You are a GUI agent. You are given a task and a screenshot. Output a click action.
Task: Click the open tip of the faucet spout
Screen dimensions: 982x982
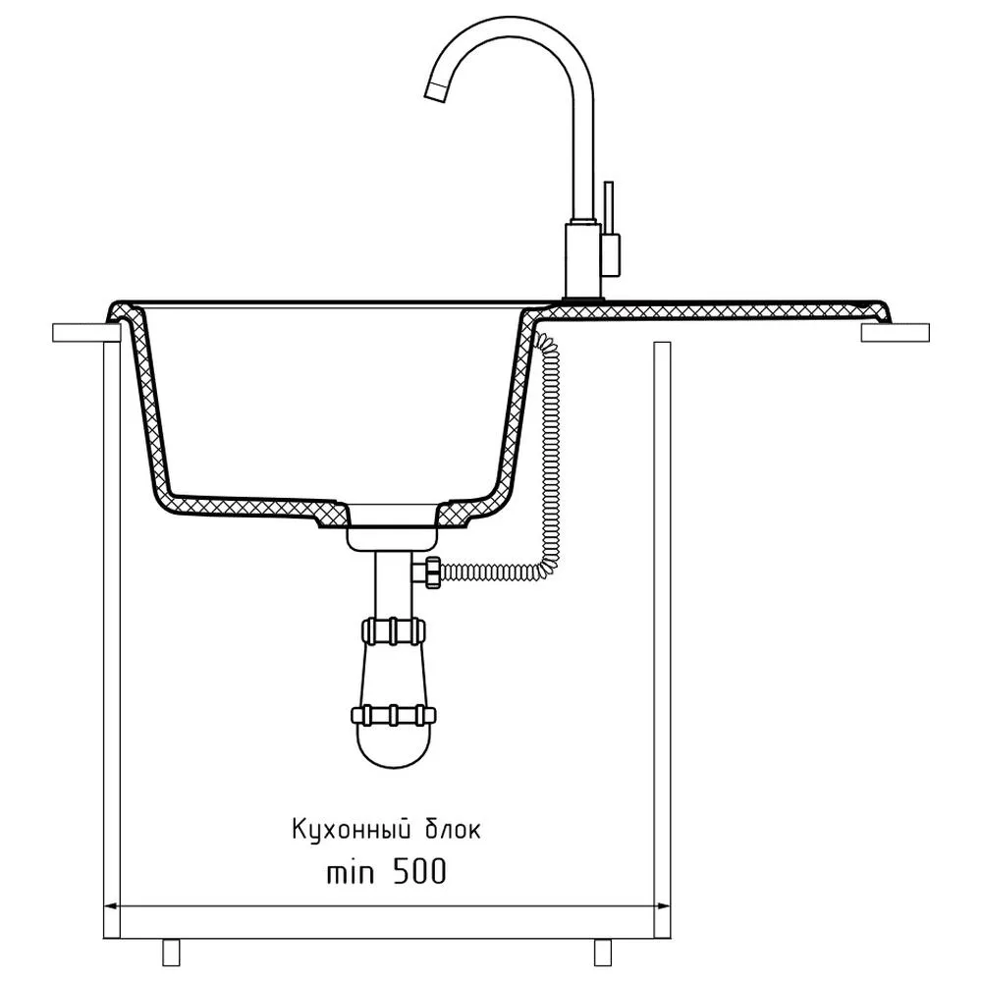pos(436,91)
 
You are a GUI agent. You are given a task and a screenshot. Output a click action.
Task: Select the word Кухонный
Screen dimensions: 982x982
pos(352,830)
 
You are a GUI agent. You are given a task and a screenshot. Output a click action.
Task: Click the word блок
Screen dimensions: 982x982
pos(454,829)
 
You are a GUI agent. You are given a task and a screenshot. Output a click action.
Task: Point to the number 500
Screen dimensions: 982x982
pos(419,871)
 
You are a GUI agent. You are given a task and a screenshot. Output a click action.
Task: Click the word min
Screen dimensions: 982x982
pos(351,872)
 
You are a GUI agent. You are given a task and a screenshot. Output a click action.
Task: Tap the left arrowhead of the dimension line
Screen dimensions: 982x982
pos(112,905)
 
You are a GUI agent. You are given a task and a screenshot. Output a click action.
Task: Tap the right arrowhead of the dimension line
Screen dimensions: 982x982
pos(661,905)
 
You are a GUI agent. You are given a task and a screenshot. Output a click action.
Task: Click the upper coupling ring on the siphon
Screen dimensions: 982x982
pos(394,630)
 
